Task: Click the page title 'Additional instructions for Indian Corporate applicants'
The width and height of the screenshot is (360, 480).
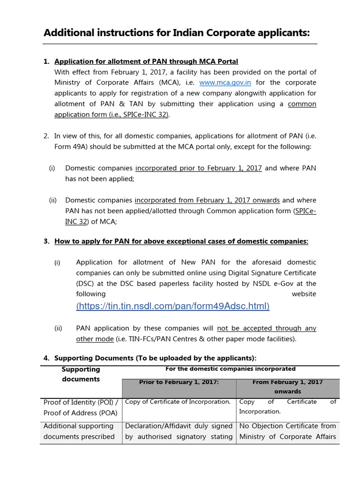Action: pyautogui.click(x=177, y=33)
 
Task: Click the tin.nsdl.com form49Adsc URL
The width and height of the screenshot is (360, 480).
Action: pyautogui.click(x=173, y=306)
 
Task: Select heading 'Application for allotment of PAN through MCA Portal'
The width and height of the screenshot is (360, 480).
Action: pyautogui.click(x=146, y=61)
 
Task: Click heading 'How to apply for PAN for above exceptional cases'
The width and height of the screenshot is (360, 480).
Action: pyautogui.click(x=181, y=241)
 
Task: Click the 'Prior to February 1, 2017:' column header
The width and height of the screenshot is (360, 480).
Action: pyautogui.click(x=179, y=382)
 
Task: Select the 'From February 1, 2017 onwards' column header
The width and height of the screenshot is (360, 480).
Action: pyautogui.click(x=287, y=386)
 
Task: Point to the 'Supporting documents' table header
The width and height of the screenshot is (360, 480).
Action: pyautogui.click(x=81, y=374)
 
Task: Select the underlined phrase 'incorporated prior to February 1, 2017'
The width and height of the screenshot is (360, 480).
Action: pyautogui.click(x=198, y=168)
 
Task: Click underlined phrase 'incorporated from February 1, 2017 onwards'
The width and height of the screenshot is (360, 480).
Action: pyautogui.click(x=207, y=200)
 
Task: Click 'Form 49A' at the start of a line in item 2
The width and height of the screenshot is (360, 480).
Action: pyautogui.click(x=71, y=147)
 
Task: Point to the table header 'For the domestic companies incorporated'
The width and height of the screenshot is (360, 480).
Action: pyautogui.click(x=231, y=369)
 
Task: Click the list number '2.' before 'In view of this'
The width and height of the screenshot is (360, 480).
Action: pyautogui.click(x=46, y=136)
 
